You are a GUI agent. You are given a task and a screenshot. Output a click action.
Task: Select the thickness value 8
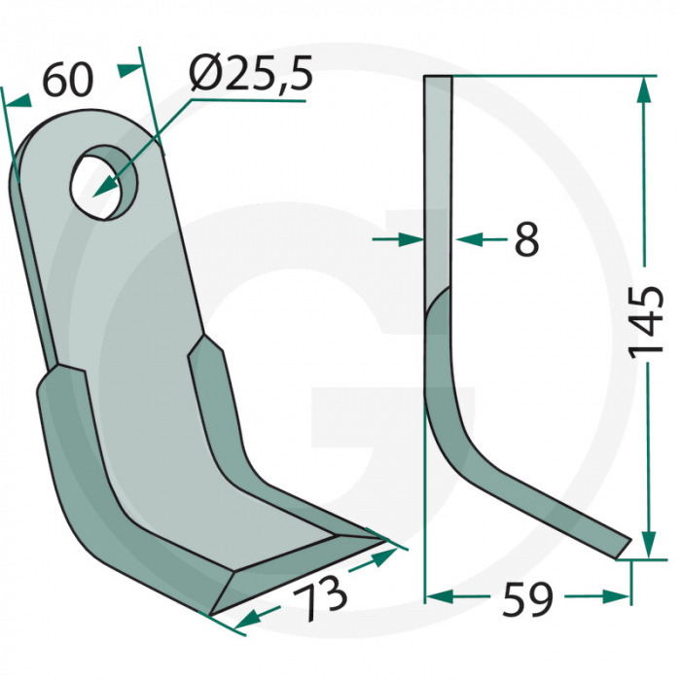coord(525,238)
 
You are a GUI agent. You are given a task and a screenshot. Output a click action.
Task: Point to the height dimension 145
coord(647,322)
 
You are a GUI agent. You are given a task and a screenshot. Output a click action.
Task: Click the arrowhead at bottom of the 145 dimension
coord(642,545)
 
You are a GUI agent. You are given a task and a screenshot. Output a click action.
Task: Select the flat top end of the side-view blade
coord(438,81)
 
